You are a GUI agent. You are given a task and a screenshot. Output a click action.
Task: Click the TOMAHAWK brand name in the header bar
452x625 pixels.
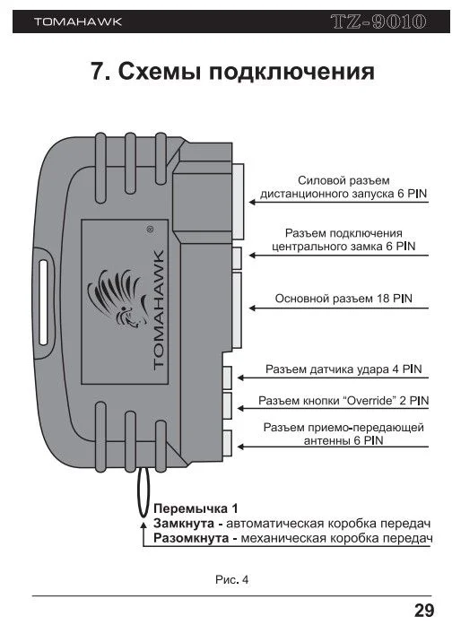point(78,22)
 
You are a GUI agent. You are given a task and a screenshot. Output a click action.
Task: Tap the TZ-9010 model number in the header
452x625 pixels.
point(378,22)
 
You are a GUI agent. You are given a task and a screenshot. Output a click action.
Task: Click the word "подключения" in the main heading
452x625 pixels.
point(291,72)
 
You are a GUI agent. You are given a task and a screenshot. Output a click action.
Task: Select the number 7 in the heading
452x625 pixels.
point(98,71)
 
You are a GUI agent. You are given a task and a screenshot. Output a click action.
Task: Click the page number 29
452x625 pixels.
point(424,611)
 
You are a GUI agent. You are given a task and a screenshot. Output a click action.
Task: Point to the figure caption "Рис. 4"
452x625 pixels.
point(231,579)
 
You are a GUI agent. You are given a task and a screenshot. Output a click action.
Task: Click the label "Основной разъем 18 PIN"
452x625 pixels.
point(343,299)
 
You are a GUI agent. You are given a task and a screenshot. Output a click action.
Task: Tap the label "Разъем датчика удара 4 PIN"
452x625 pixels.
point(343,369)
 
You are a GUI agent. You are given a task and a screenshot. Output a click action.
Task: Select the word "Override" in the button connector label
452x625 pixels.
point(369,400)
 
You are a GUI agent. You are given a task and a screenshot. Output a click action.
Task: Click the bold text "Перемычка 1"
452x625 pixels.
point(196,508)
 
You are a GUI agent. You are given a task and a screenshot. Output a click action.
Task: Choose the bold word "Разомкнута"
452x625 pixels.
point(191,538)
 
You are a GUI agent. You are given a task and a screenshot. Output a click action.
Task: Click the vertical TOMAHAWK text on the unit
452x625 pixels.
point(158,310)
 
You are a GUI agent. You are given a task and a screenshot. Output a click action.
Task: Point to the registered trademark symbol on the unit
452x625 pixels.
point(150,230)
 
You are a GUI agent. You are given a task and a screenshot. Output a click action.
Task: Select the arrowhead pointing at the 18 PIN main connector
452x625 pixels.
point(252,308)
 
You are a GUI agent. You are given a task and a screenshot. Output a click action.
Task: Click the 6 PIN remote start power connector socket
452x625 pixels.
point(238,201)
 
